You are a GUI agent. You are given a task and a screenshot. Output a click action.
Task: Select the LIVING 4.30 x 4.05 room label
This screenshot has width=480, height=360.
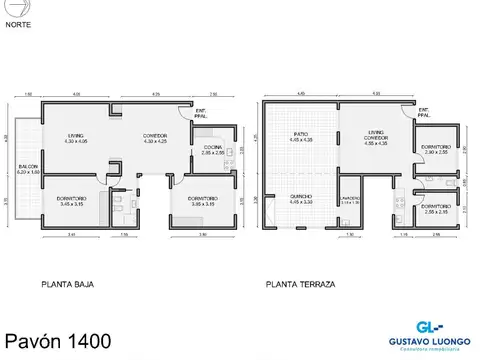pos(76,139)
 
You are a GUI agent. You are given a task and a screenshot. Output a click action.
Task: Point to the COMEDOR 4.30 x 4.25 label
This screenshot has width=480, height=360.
pos(154,139)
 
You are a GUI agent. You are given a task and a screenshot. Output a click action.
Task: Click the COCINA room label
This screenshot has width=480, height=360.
pos(213,151)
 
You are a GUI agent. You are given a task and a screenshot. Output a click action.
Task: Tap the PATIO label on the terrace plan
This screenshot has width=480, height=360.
pos(298,135)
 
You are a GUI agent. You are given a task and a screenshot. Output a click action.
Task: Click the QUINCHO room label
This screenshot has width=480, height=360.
pos(301,199)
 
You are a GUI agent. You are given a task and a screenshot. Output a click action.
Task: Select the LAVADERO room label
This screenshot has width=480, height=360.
pos(350,200)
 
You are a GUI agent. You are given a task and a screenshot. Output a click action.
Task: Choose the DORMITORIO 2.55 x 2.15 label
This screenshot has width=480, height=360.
pos(435,211)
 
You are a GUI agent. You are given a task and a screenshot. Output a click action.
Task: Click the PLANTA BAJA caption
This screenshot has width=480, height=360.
pos(69,285)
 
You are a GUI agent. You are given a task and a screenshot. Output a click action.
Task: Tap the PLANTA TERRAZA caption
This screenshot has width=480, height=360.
pos(300,285)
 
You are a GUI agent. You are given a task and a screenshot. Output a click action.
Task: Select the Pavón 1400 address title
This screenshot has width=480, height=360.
pos(56,340)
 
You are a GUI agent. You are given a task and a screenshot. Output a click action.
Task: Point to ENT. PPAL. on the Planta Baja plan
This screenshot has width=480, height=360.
pos(201,113)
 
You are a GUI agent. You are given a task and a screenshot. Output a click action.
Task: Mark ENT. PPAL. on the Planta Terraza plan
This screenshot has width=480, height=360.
pos(424,111)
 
